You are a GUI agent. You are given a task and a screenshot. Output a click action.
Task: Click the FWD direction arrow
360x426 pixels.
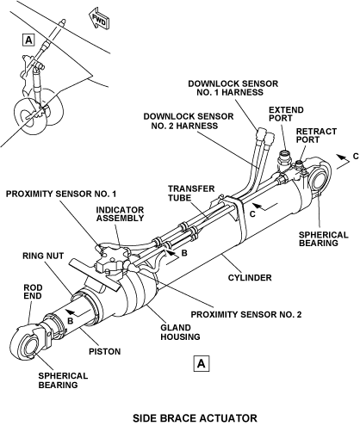[x=98, y=19]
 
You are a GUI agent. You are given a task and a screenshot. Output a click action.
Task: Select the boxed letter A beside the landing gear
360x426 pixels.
[x=28, y=40]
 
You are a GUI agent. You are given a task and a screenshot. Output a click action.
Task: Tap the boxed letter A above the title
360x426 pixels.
[x=202, y=364]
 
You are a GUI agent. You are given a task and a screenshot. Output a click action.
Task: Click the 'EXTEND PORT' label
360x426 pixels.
[x=286, y=114]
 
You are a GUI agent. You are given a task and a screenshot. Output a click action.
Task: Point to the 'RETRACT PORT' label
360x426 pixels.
[x=316, y=135]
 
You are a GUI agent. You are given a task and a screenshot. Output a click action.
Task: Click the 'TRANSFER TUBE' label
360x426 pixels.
[x=191, y=194]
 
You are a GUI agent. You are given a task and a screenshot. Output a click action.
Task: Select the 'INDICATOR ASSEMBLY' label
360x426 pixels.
[x=120, y=213]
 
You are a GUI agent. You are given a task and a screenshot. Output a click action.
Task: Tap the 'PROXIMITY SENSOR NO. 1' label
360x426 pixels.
[x=61, y=194]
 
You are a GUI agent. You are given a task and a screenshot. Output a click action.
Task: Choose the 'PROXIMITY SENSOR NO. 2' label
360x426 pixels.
[x=246, y=314]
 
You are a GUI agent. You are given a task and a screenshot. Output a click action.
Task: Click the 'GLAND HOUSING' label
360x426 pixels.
[x=180, y=332]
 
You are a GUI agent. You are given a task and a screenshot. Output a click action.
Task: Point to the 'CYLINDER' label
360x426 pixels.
[x=250, y=278]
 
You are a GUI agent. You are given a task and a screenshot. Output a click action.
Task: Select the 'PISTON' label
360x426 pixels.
[x=104, y=351]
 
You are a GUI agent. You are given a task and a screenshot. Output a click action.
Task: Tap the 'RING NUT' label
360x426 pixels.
[x=43, y=256]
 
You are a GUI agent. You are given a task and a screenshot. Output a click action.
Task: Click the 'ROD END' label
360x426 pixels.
[x=33, y=292]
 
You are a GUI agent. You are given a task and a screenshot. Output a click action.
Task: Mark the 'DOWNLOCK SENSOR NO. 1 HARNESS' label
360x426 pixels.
[x=233, y=88]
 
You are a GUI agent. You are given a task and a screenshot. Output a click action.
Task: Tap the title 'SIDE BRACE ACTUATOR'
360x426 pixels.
[x=195, y=418]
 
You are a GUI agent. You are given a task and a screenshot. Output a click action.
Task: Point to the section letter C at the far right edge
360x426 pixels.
[x=356, y=157]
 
